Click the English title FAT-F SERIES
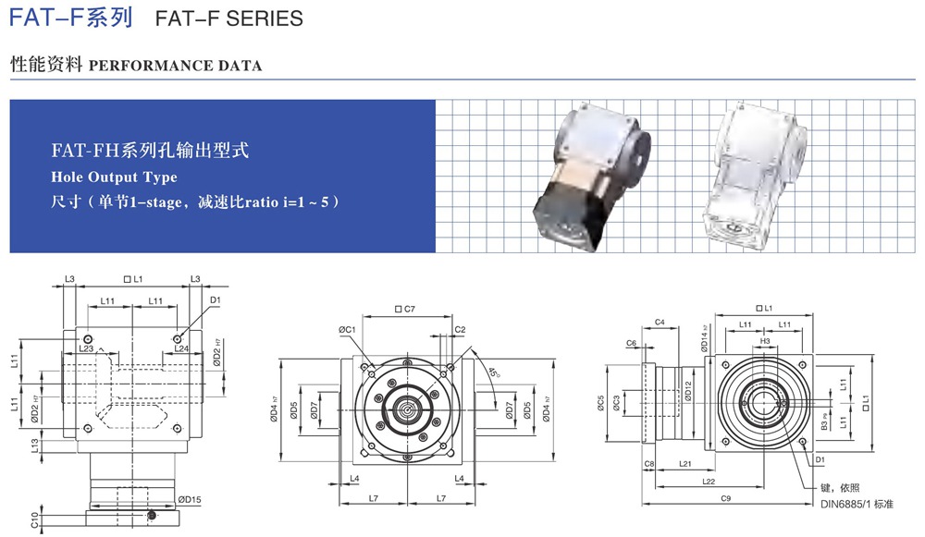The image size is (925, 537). click(x=228, y=18)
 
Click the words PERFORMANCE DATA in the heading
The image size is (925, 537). click(x=175, y=66)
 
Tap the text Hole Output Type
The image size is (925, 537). click(x=114, y=177)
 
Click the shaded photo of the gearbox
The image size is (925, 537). click(x=592, y=172)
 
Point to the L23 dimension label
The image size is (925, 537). click(x=87, y=348)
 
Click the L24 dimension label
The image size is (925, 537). click(x=181, y=348)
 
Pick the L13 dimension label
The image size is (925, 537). click(x=35, y=445)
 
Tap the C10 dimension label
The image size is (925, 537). click(x=34, y=519)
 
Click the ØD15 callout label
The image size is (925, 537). click(x=190, y=499)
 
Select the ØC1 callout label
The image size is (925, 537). click(x=347, y=330)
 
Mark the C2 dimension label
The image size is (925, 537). click(x=460, y=330)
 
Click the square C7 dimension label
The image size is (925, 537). click(x=405, y=309)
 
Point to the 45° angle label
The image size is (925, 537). click(x=494, y=372)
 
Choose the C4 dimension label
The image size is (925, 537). click(x=660, y=322)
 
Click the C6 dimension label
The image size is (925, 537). click(x=631, y=343)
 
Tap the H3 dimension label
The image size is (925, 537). click(x=765, y=341)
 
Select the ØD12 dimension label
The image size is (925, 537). click(x=688, y=391)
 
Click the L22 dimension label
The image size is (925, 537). click(x=709, y=482)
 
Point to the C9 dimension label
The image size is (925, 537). click(x=725, y=498)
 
